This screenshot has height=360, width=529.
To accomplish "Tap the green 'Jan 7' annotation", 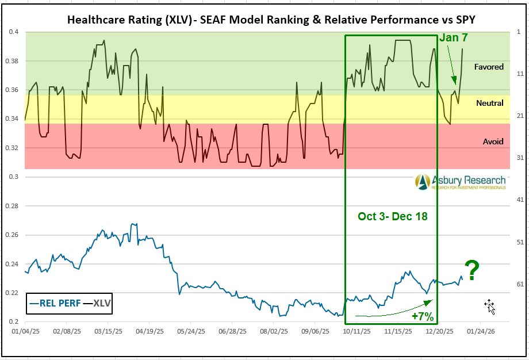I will (x=453, y=38).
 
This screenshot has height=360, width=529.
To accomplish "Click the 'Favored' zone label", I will (x=489, y=67).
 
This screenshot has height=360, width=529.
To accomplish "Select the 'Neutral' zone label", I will (x=490, y=103).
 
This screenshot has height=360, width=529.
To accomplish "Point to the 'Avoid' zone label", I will (x=493, y=141).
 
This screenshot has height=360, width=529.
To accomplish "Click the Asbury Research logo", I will (x=461, y=182).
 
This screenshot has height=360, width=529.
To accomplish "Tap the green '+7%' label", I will (x=422, y=316).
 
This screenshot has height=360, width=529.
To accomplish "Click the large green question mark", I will (x=472, y=271).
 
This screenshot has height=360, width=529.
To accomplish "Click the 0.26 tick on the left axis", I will (x=11, y=235).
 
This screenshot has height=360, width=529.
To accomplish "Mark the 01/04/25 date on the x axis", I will (x=24, y=332).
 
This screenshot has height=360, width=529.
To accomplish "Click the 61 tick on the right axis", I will (x=519, y=284).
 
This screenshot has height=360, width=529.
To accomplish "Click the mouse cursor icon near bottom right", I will (x=489, y=306).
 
